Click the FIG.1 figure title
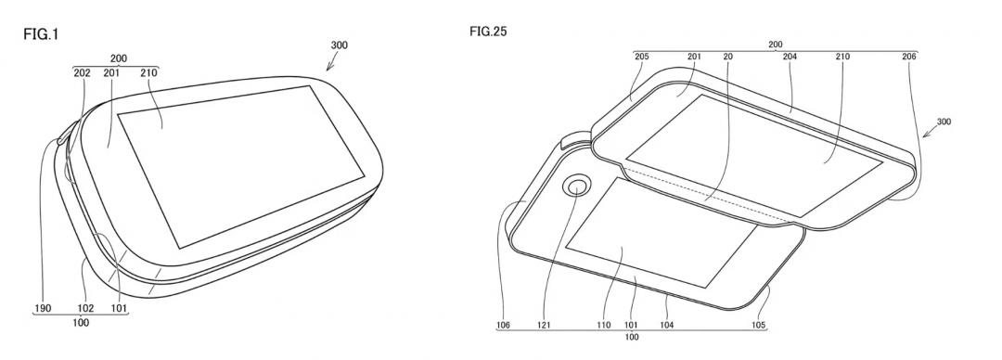click(41, 34)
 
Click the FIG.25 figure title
click(488, 32)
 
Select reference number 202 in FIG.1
click(82, 73)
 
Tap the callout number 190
click(42, 309)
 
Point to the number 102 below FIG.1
click(85, 309)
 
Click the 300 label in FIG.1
click(340, 45)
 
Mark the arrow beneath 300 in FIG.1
click(331, 63)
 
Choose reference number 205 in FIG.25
click(642, 57)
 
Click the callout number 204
click(790, 57)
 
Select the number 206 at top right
click(909, 57)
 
